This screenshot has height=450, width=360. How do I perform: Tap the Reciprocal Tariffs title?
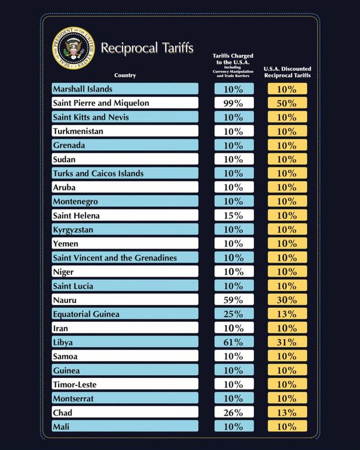pyautogui.click(x=147, y=48)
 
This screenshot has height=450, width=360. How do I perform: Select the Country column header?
pyautogui.click(x=125, y=75)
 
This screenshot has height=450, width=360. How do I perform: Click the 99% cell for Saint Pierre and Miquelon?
pyautogui.click(x=234, y=103)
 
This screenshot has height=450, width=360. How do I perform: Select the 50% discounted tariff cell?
pyautogui.click(x=287, y=103)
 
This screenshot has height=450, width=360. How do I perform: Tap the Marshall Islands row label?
pyautogui.click(x=82, y=89)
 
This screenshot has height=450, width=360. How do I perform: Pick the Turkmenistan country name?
pyautogui.click(x=78, y=131)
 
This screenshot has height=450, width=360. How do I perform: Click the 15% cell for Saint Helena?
pyautogui.click(x=234, y=216)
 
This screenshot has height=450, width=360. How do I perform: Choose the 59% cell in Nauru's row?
pyautogui.click(x=234, y=300)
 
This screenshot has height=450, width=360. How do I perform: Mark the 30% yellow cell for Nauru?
pyautogui.click(x=287, y=300)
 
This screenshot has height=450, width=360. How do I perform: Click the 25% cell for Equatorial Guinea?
pyautogui.click(x=234, y=314)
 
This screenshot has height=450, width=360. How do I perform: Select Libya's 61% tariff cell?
pyautogui.click(x=234, y=343)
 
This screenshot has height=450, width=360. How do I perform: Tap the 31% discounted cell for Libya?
pyautogui.click(x=287, y=343)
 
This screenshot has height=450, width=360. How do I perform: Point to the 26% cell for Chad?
pyautogui.click(x=234, y=413)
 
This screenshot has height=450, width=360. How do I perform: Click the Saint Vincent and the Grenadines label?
pyautogui.click(x=114, y=258)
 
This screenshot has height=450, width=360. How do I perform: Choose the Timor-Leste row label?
pyautogui.click(x=74, y=384)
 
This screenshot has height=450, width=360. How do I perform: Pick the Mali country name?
pyautogui.click(x=62, y=427)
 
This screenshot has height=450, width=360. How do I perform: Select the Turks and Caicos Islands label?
pyautogui.click(x=98, y=174)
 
